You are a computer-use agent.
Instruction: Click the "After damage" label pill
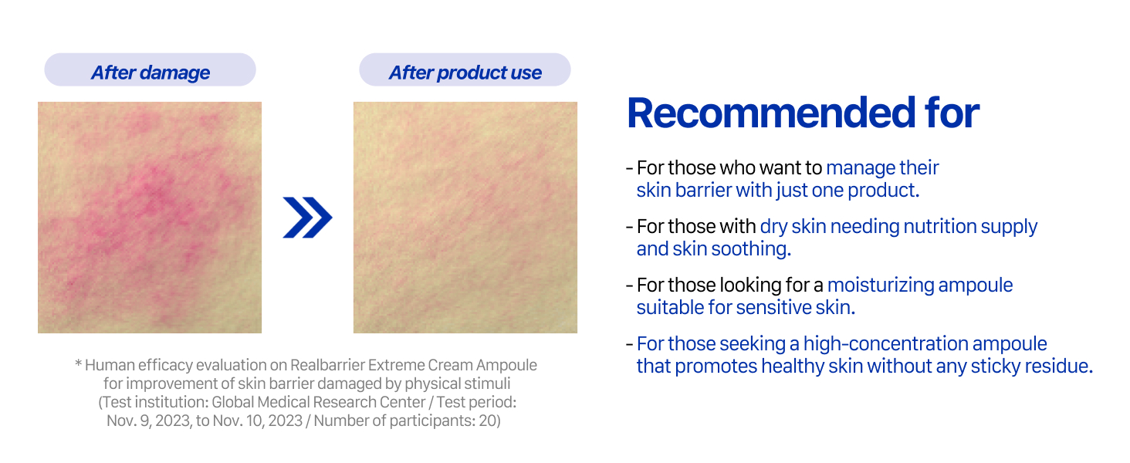pyautogui.click(x=150, y=69)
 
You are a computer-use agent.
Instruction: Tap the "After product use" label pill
pyautogui.click(x=465, y=69)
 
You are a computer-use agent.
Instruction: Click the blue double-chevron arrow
pyautogui.click(x=307, y=218)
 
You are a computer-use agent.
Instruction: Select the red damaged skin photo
pyautogui.click(x=150, y=218)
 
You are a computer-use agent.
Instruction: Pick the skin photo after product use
pyautogui.click(x=465, y=218)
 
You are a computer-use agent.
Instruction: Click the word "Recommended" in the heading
pyautogui.click(x=771, y=113)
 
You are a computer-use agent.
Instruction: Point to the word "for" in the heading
pyautogui.click(x=952, y=113)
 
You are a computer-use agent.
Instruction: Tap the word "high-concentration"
pyautogui.click(x=886, y=344)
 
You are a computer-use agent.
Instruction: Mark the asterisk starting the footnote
pyautogui.click(x=78, y=363)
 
